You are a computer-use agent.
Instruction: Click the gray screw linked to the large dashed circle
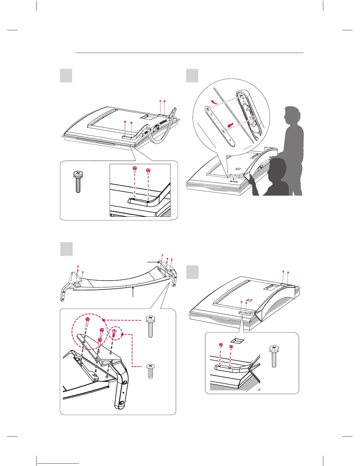(x=151, y=326)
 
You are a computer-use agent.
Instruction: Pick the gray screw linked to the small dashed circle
(x=151, y=371)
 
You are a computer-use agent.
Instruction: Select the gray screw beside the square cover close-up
(x=274, y=356)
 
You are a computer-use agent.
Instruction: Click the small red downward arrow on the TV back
(x=233, y=178)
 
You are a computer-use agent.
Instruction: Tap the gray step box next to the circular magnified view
(x=192, y=76)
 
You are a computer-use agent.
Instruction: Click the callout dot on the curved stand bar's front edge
(x=133, y=287)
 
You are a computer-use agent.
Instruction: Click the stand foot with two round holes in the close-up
(x=121, y=394)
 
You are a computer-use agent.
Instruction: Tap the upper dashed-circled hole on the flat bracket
(x=208, y=109)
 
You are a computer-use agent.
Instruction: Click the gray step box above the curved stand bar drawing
(x=66, y=249)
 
